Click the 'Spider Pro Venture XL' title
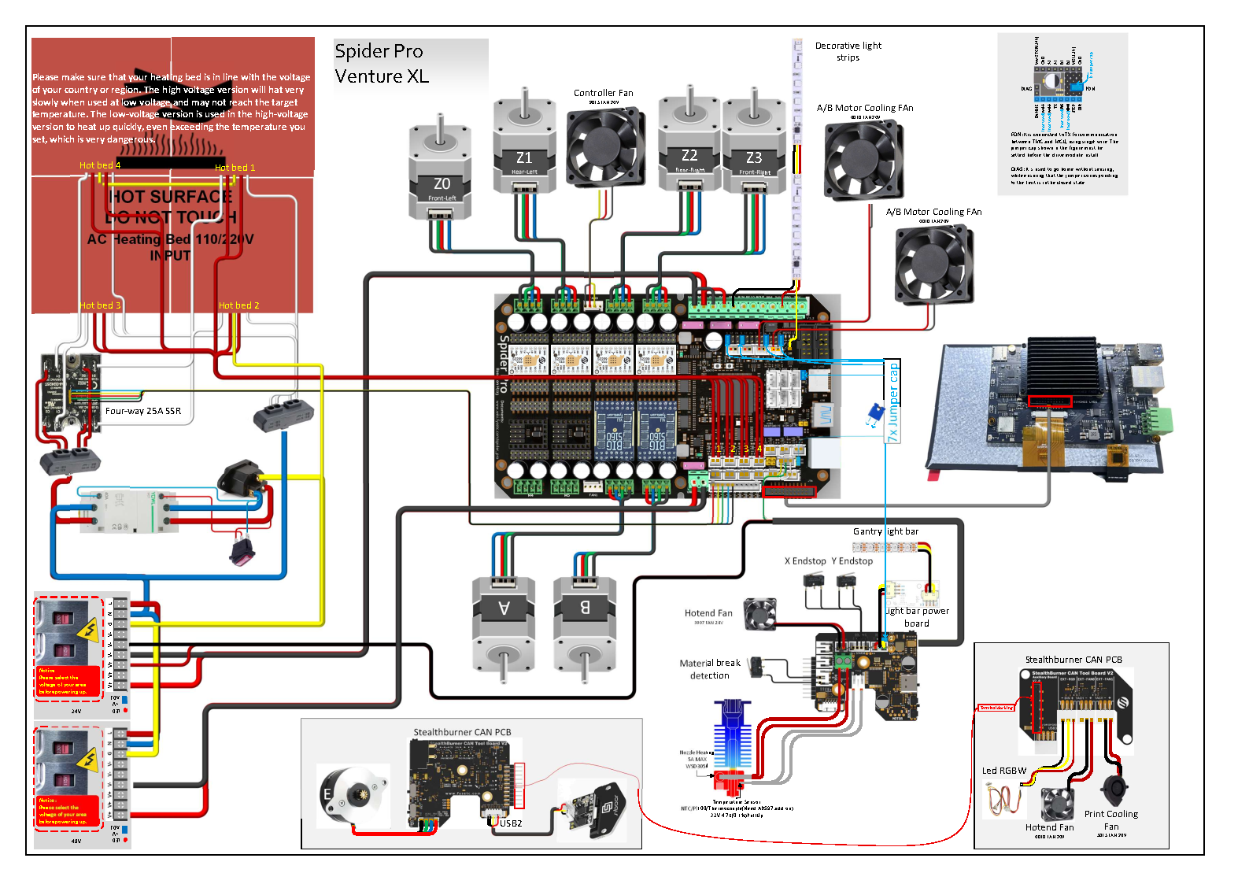382,64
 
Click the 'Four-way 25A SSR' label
143,411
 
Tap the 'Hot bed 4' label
100,165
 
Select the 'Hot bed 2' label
238,305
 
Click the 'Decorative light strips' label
848,52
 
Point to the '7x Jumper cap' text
893,401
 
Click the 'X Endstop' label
805,561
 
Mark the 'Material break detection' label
710,669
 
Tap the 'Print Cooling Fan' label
1110,820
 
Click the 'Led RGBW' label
1004,771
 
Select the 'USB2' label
511,823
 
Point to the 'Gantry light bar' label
885,531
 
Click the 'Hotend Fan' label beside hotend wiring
708,613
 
